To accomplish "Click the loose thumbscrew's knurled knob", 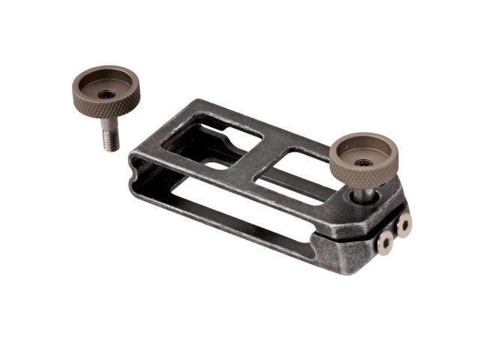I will [106, 89].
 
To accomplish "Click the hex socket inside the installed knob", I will [364, 162].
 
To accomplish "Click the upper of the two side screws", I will [403, 223].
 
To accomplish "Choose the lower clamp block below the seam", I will [352, 251].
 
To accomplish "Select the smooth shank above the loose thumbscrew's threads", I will [109, 124].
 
